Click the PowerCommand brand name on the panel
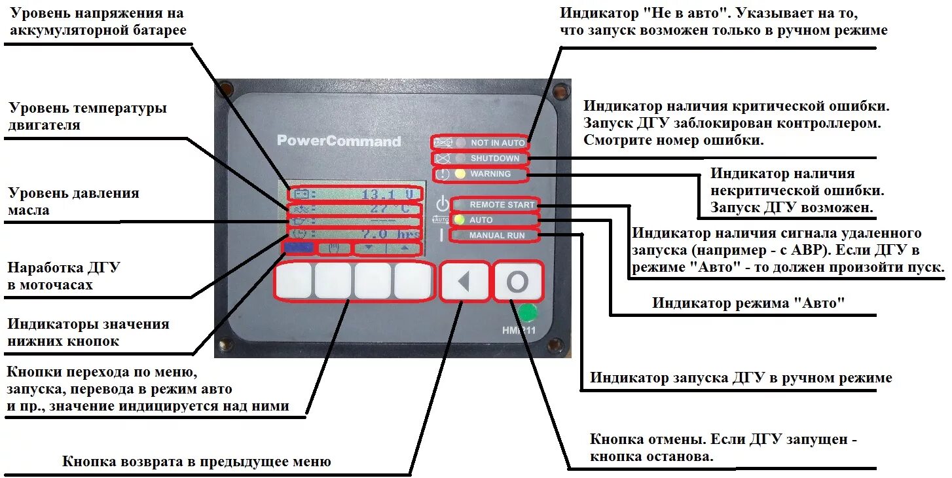[339, 141]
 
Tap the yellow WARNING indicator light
[460, 174]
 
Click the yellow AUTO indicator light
[460, 220]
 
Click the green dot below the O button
[528, 312]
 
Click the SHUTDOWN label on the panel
[494, 158]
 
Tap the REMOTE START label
[502, 205]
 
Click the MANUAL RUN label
[496, 235]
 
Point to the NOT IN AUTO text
[498, 143]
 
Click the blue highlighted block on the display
[299, 248]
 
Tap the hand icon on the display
[334, 248]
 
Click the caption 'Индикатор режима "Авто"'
[749, 303]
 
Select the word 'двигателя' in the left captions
[44, 125]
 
